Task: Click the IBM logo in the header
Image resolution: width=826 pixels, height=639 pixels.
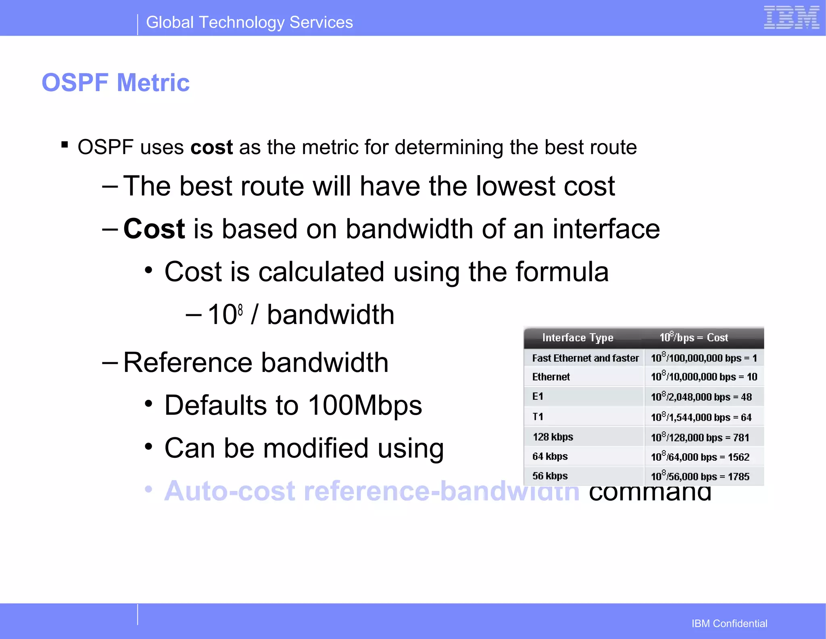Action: (x=791, y=18)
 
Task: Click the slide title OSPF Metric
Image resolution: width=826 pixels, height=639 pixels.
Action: (x=116, y=83)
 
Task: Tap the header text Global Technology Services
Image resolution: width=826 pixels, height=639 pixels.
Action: (x=249, y=23)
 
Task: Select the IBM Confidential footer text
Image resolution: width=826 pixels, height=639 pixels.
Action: (x=729, y=623)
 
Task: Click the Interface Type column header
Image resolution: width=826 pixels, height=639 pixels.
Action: (x=578, y=338)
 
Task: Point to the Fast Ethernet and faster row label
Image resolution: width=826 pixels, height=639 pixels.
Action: (x=585, y=358)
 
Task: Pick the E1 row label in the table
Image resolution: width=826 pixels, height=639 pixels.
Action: (x=538, y=396)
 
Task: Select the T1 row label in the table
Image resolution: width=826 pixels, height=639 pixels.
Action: (x=538, y=416)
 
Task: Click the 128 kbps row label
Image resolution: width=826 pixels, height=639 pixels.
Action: (x=553, y=437)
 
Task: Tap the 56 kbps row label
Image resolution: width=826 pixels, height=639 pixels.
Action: (x=550, y=476)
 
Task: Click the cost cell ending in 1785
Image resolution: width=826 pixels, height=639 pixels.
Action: (x=700, y=476)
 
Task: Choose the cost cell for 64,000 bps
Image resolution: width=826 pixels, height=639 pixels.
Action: (x=700, y=457)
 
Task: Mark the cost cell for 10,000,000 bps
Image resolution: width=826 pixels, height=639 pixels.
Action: (x=704, y=377)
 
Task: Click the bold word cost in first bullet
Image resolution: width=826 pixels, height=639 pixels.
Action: (x=211, y=147)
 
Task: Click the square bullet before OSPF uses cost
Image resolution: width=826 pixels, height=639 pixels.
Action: (x=65, y=144)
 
